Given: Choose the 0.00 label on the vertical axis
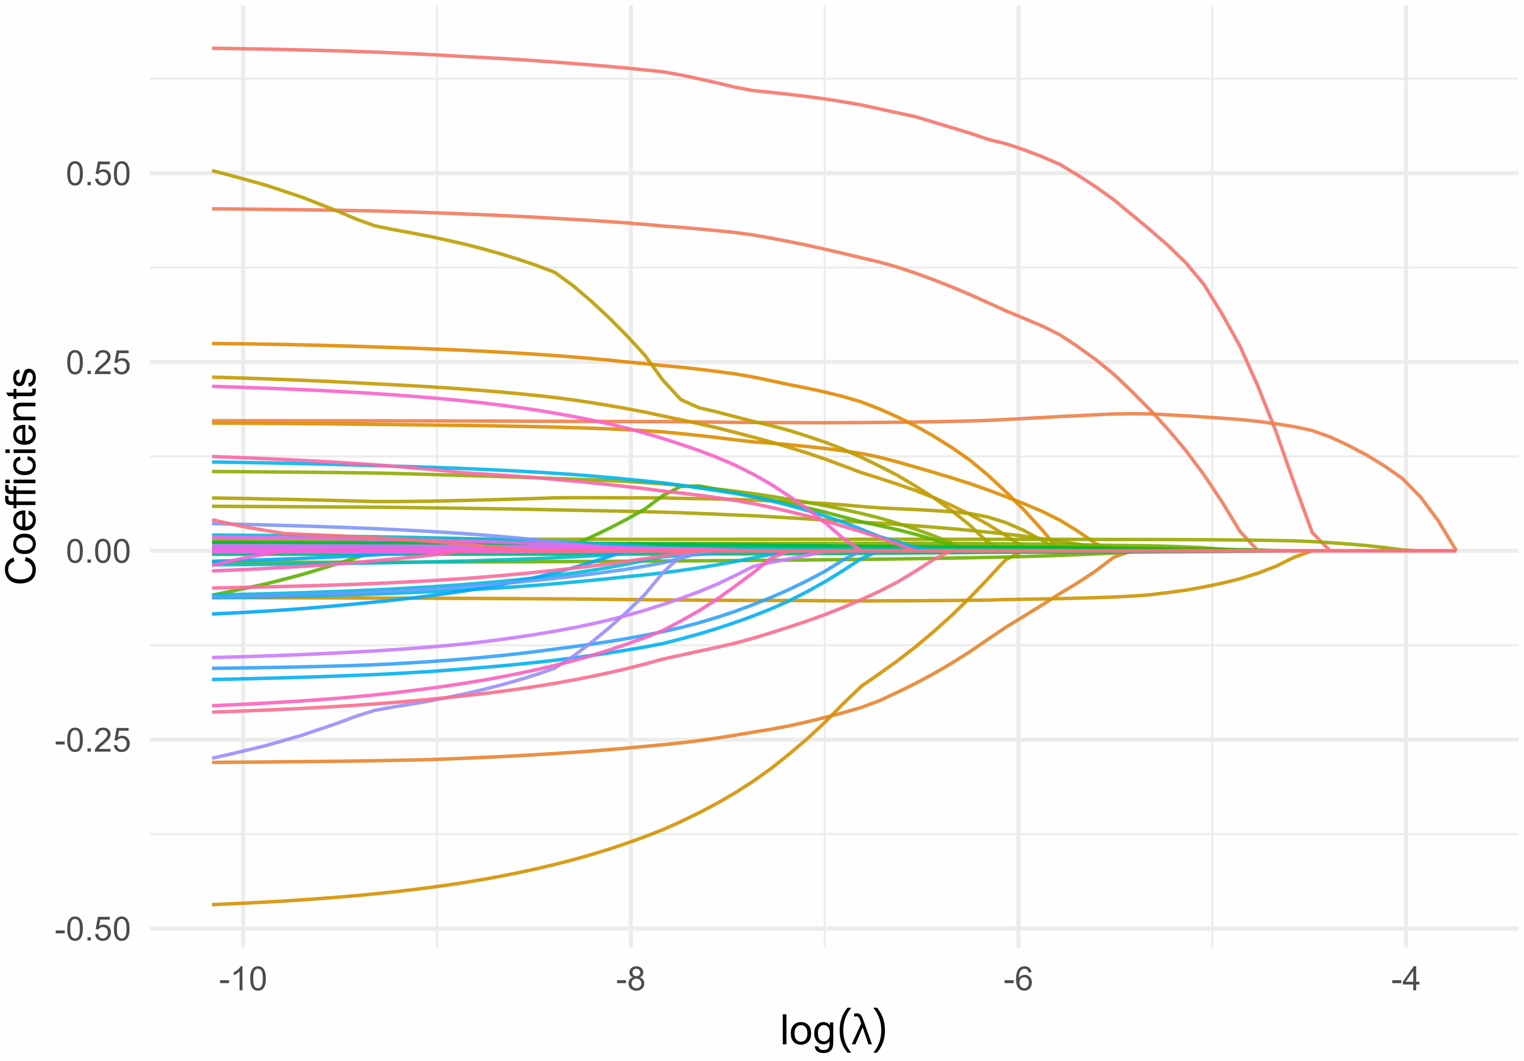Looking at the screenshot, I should click(x=98, y=551).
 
